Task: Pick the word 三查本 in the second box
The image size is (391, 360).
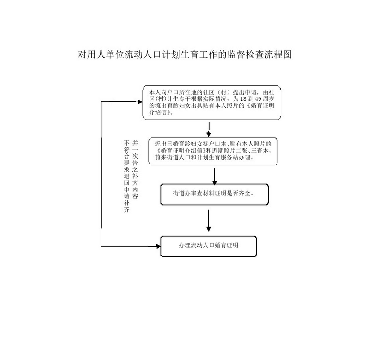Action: point(264,151)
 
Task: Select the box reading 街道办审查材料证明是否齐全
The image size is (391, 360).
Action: point(214,195)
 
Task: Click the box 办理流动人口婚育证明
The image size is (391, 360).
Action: point(208,246)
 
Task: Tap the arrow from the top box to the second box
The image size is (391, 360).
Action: point(209,129)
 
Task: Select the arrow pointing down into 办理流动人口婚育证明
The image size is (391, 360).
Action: point(209,221)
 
